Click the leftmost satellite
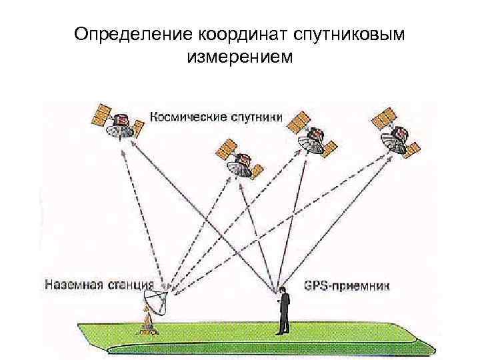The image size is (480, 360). tap(119, 124)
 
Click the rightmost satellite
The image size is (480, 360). tap(397, 133)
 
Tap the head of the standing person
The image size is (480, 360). tap(283, 290)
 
